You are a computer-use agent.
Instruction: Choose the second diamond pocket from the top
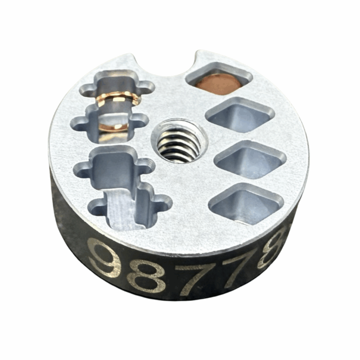coord(240,115)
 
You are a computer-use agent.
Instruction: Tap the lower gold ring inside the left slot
coord(115,127)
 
